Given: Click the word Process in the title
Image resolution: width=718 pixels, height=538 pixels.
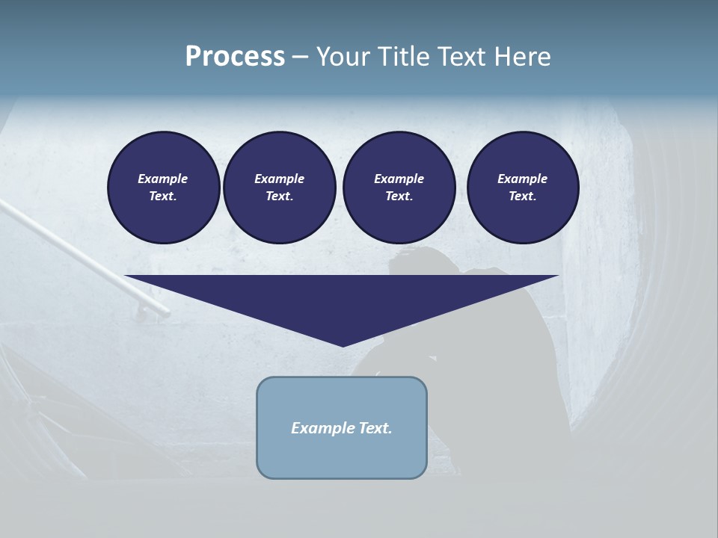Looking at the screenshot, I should tap(235, 57).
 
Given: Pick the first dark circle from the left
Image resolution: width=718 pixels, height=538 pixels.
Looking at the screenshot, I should tap(164, 188).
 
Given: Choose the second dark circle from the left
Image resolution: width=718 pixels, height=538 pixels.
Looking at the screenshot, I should tap(280, 188).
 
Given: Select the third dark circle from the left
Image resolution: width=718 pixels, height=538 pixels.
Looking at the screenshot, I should tap(399, 188).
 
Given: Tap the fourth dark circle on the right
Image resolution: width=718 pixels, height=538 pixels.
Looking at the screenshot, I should tap(523, 188).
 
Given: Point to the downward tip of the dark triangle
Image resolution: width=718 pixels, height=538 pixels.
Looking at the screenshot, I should tap(343, 345).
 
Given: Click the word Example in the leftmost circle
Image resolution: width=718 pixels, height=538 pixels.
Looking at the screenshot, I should tap(163, 179).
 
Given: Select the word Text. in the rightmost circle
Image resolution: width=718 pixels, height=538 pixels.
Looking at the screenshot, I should tap(523, 196).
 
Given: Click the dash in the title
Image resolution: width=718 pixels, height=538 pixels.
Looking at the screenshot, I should tap(300, 57).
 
